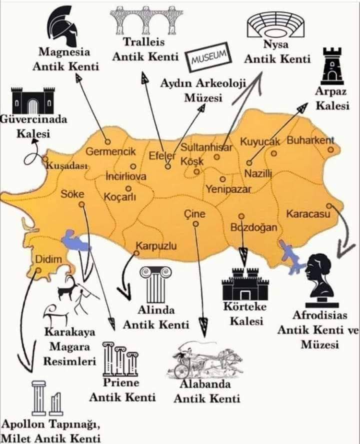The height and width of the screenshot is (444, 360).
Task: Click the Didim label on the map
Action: (x=48, y=259)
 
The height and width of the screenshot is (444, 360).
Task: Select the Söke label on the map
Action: (x=72, y=194)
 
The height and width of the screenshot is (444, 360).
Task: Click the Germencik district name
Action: (x=111, y=151)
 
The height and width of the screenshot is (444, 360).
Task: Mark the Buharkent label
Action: (x=310, y=140)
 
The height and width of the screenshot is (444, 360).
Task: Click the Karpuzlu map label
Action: (x=156, y=246)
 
